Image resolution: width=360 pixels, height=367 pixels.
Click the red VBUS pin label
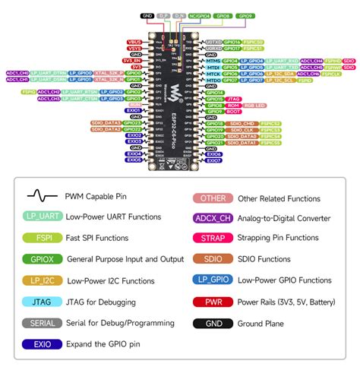pos(134,42)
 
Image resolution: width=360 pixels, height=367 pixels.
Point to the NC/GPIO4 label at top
pos(201,15)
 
